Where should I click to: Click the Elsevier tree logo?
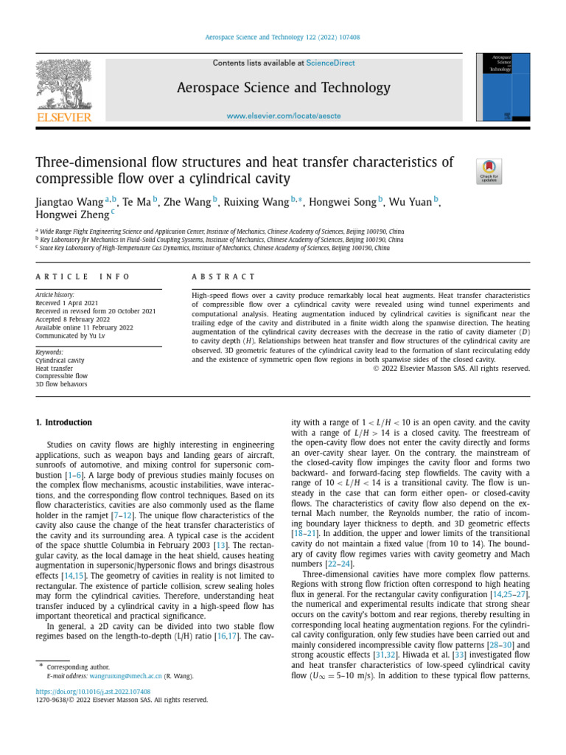[x=64, y=85]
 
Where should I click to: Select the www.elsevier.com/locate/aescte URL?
[x=283, y=116]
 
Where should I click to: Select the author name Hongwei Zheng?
[x=71, y=214]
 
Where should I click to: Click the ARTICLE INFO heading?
[x=83, y=276]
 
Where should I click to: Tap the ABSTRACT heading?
[x=223, y=276]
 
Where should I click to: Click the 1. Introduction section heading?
[x=64, y=422]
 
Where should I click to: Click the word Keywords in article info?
[x=50, y=352]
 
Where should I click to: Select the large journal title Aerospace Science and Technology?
[x=284, y=88]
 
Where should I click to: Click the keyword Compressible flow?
[x=61, y=376]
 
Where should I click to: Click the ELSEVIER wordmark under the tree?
[x=64, y=117]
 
